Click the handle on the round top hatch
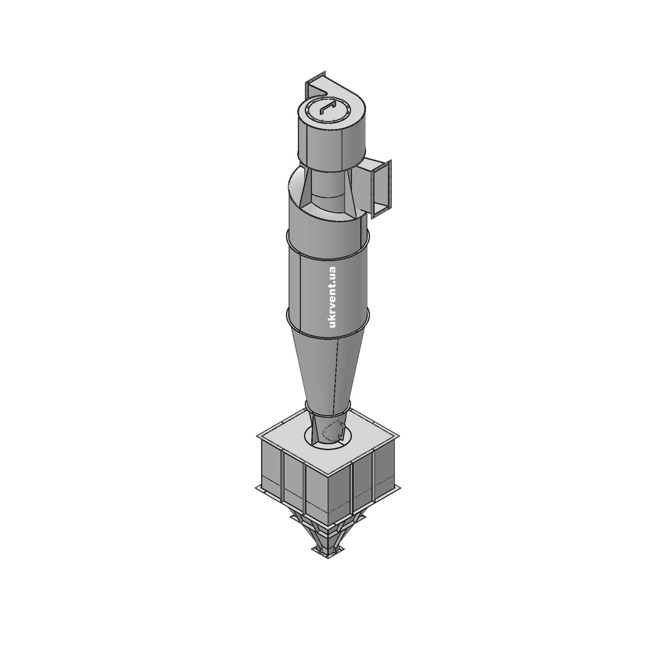coord(328,108)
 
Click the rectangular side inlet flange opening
coord(381,188)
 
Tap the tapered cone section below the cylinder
coord(327,368)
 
